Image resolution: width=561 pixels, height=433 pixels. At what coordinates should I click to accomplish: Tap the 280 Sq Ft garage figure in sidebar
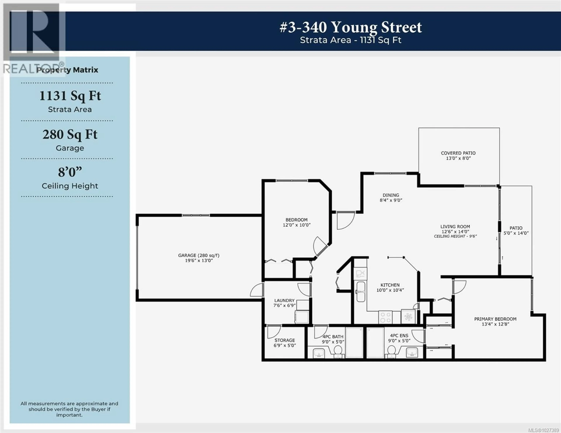pos(70,135)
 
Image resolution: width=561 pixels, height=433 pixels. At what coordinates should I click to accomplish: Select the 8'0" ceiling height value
pos(70,172)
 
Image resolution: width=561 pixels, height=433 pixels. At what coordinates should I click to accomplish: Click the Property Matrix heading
pos(67,70)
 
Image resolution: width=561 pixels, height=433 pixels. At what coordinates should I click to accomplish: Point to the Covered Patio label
pos(458,153)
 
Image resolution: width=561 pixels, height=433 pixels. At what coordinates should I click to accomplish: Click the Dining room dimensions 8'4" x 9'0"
pos(391,200)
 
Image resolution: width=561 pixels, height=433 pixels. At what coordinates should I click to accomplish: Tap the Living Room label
pos(455,227)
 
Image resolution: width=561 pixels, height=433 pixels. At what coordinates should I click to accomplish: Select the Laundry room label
pos(284,300)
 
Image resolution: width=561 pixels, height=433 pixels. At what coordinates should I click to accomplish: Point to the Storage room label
pos(285,340)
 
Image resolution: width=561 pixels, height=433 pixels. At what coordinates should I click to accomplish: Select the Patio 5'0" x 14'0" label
pos(516,230)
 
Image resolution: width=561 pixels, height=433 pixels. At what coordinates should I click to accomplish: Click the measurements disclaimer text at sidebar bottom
pos(69,409)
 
